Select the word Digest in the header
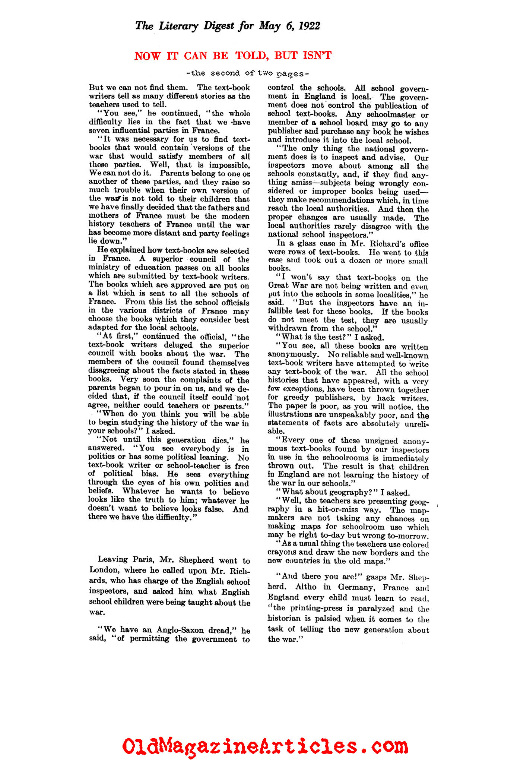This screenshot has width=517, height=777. pyautogui.click(x=219, y=26)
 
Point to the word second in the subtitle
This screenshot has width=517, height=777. pyautogui.click(x=225, y=73)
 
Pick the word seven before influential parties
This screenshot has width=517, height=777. pyautogui.click(x=99, y=130)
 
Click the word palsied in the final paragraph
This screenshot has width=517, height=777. pyautogui.click(x=328, y=619)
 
